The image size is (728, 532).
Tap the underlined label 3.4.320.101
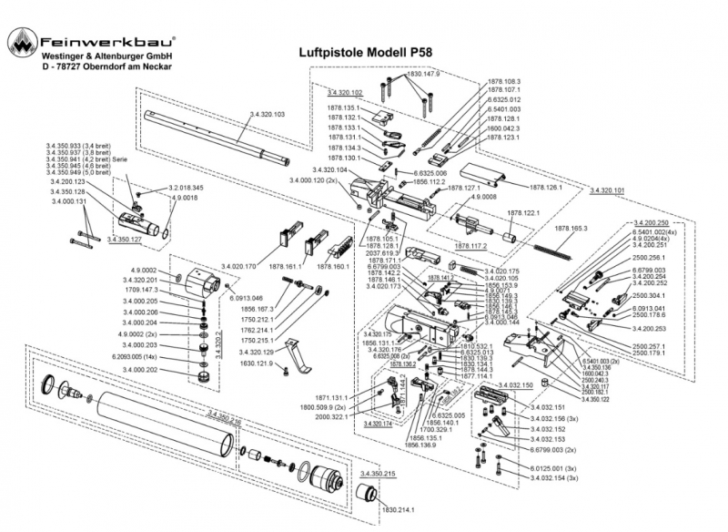tap(607, 190)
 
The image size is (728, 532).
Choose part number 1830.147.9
tap(424, 74)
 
